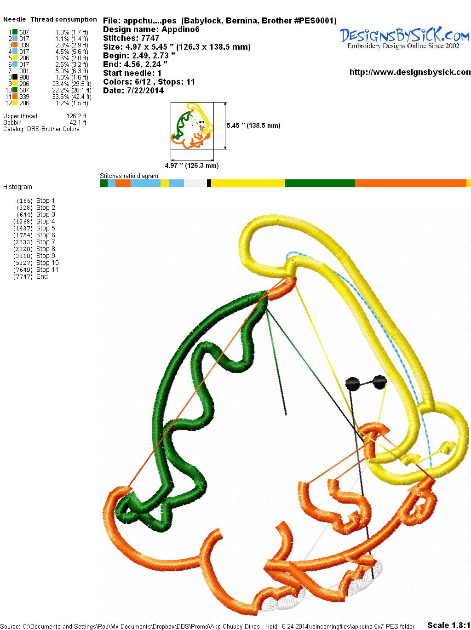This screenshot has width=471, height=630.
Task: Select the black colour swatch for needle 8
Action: click(15, 77)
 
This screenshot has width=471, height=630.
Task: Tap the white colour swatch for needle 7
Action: click(15, 71)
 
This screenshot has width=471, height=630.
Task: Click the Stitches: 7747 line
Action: click(131, 38)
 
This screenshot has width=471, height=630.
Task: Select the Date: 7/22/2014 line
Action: click(133, 91)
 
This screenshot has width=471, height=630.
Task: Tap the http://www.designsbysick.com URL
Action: click(410, 72)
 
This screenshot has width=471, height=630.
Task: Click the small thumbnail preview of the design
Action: click(192, 126)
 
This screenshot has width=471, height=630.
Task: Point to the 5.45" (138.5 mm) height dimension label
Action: click(253, 126)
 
